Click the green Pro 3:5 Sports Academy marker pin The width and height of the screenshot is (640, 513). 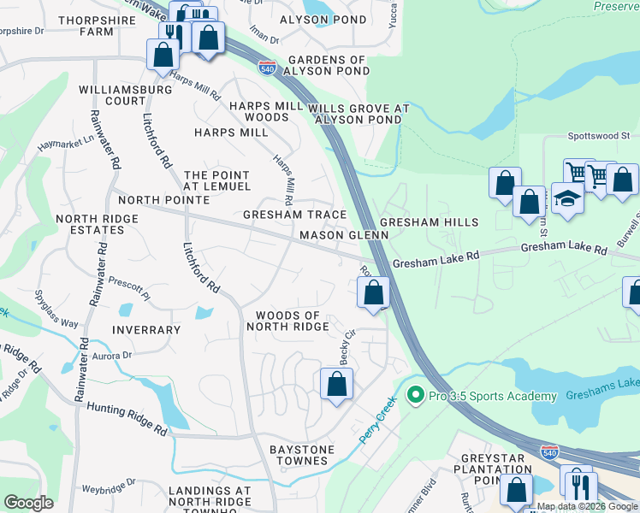(x=416, y=396)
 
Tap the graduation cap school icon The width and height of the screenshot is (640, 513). (x=567, y=199)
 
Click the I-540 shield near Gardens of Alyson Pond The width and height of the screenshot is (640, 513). (x=268, y=68)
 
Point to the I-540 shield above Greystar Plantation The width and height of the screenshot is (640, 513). (x=549, y=450)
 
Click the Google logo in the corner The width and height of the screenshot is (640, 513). (x=28, y=503)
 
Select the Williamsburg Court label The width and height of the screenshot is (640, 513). (x=113, y=94)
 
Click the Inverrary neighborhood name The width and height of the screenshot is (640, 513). (x=145, y=329)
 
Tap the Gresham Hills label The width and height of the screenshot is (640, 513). (x=429, y=222)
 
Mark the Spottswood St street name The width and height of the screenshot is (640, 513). (x=599, y=136)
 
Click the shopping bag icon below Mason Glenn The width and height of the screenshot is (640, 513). (x=373, y=293)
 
